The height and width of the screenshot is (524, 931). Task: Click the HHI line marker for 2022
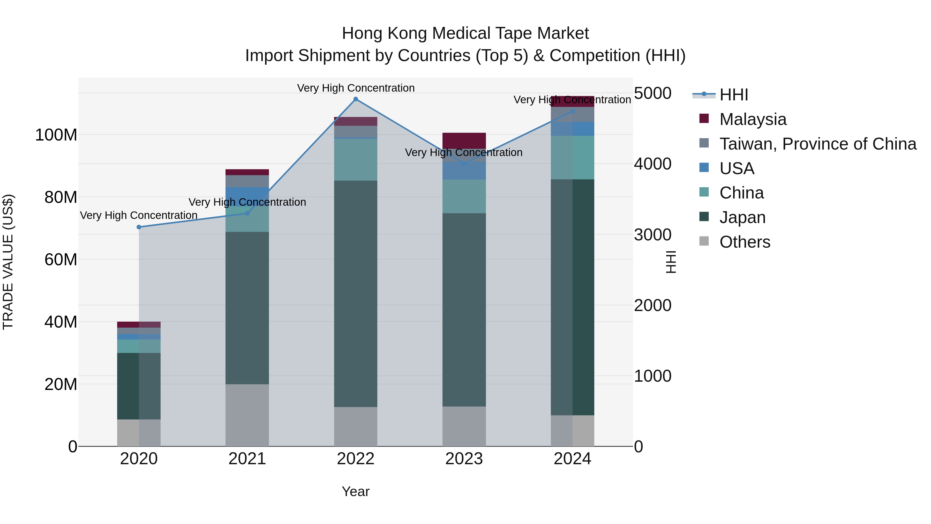(x=356, y=99)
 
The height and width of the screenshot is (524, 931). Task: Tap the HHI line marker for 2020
(x=139, y=227)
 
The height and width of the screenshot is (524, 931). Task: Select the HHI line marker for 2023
(x=464, y=164)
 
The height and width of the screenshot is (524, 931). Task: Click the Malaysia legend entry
(x=753, y=119)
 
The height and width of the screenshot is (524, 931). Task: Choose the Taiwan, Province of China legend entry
(x=817, y=144)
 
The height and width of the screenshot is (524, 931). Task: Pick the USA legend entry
(x=737, y=168)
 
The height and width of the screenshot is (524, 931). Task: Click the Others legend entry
(x=745, y=242)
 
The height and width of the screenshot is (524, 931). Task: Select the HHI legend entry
(x=734, y=95)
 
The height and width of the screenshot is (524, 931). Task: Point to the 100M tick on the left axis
(x=56, y=135)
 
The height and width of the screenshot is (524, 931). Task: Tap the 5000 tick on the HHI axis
(x=653, y=93)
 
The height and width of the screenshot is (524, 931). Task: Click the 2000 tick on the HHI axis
(x=653, y=305)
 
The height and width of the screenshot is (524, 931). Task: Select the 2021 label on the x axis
(x=247, y=459)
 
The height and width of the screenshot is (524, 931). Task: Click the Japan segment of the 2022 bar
(x=356, y=294)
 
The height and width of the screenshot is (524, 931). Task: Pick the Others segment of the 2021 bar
(x=247, y=415)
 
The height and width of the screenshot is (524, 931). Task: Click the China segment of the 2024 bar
(x=573, y=157)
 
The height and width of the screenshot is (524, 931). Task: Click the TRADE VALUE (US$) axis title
(x=8, y=262)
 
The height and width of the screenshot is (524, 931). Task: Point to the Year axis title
(x=356, y=491)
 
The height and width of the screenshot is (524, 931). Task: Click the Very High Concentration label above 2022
(x=356, y=88)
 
